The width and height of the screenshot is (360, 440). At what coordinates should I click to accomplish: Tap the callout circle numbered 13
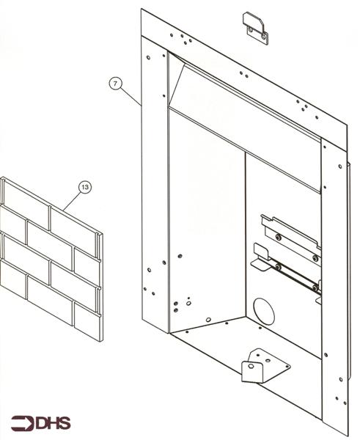pyautogui.click(x=85, y=188)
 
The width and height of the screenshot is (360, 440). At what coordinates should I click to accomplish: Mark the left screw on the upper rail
pyautogui.click(x=279, y=237)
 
